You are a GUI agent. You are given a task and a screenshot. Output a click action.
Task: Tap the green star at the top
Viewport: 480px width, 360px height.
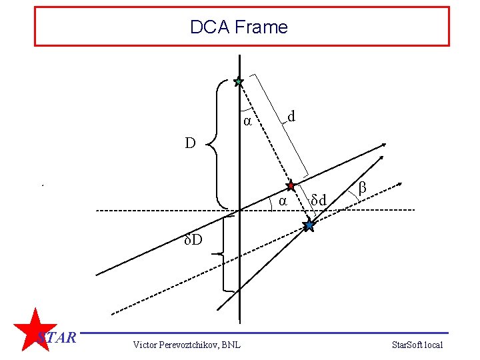point(239,82)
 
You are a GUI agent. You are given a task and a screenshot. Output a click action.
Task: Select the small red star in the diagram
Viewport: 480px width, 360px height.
point(291,185)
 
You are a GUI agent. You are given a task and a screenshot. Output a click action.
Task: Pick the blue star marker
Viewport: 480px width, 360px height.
point(309,225)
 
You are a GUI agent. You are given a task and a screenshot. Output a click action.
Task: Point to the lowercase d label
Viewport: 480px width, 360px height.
point(291,117)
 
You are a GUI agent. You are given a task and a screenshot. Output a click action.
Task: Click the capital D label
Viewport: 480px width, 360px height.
point(191,143)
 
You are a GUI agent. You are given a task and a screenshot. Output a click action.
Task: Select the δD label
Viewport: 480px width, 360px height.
point(194,239)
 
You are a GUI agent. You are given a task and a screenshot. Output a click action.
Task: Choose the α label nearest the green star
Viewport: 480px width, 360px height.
point(247,121)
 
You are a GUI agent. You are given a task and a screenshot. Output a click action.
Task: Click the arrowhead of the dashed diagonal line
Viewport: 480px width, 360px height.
point(400,182)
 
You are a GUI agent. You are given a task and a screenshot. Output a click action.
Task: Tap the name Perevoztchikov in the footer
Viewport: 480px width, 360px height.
point(190,344)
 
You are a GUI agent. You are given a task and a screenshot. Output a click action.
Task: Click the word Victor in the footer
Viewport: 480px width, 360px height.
point(145,344)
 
